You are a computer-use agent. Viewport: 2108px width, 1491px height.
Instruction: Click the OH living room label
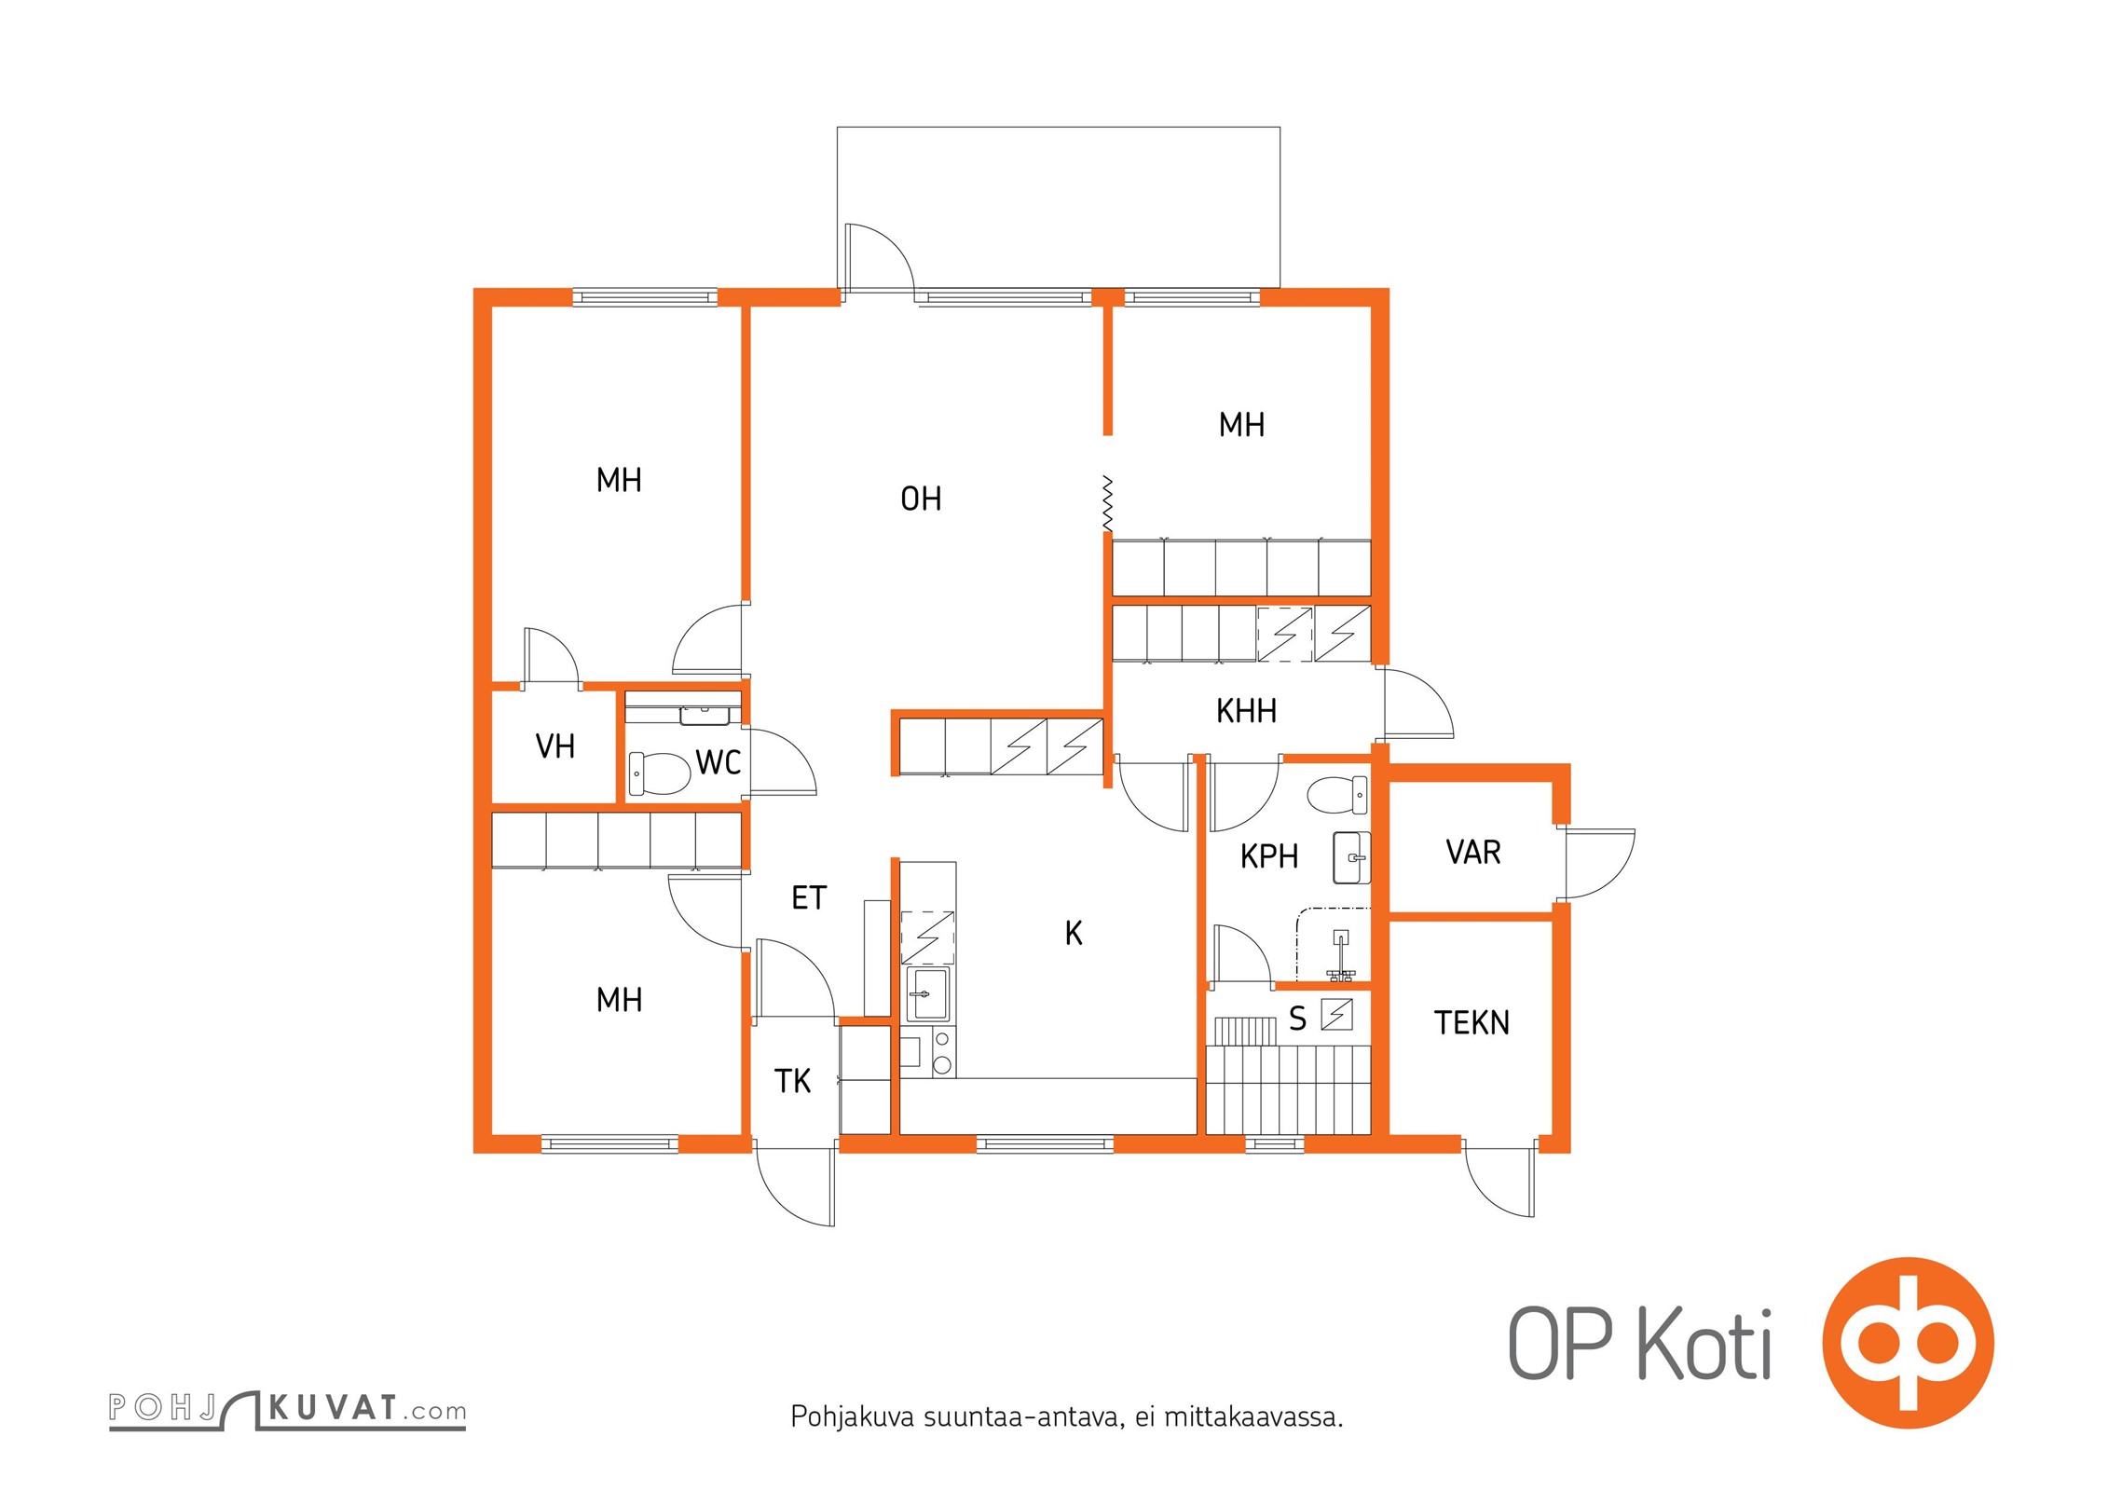[921, 499]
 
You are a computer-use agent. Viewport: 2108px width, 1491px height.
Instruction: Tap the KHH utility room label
[1246, 712]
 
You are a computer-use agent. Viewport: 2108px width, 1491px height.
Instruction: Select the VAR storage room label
[1473, 853]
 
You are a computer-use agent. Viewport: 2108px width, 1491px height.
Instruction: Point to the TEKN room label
[1471, 1023]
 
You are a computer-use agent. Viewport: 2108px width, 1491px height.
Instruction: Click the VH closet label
[555, 746]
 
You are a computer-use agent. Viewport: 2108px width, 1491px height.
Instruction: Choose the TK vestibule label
[793, 1081]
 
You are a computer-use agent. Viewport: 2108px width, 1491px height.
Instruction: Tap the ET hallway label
[809, 898]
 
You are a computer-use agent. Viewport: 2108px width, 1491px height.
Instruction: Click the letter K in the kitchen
[1074, 933]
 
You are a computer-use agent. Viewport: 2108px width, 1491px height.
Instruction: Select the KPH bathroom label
[1269, 856]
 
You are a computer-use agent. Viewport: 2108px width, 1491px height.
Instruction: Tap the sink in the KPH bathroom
[1351, 857]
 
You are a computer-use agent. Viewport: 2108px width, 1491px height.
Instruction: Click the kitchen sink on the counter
[927, 994]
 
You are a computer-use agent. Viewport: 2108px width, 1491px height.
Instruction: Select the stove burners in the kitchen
[942, 1052]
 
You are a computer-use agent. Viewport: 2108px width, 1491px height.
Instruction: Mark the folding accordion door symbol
[1107, 503]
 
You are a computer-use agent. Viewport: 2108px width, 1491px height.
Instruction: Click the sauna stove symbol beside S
[1336, 1015]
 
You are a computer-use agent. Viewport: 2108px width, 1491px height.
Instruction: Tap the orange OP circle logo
[1908, 1343]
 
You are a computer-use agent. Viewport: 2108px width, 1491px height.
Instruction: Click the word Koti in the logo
[1704, 1344]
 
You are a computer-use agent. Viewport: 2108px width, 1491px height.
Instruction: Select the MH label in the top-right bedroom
[1241, 425]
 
